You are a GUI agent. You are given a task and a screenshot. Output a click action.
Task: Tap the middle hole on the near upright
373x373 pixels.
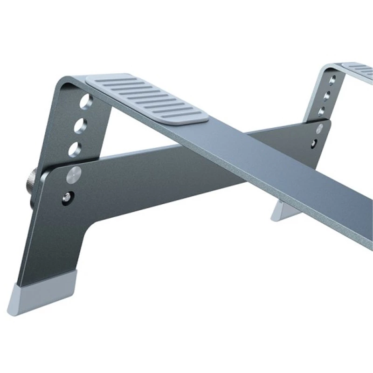[x=81, y=125]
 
